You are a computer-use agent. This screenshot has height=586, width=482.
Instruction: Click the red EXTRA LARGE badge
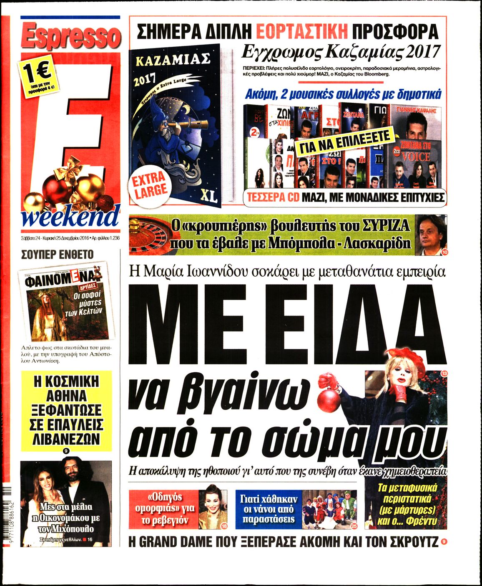[x=150, y=185]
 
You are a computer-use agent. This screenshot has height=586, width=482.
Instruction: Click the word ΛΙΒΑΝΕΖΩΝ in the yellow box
[x=66, y=439]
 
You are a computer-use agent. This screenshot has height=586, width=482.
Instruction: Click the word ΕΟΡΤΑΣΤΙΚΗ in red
[x=301, y=32]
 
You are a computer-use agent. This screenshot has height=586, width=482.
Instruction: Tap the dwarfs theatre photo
[x=329, y=509]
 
